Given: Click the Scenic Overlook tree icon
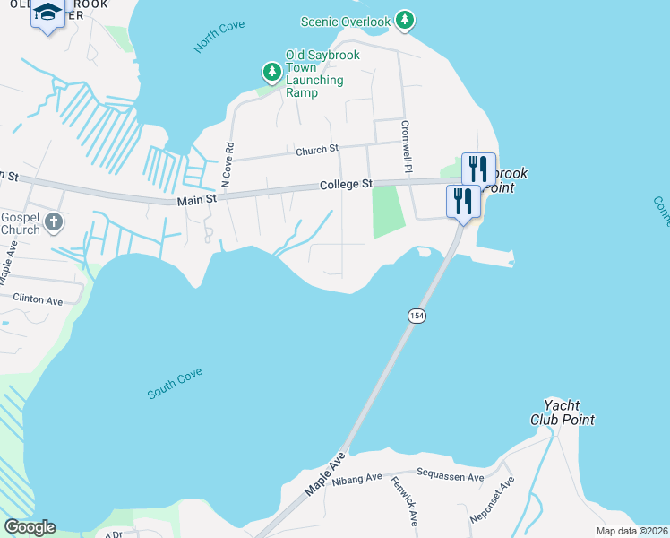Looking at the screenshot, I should [x=405, y=19].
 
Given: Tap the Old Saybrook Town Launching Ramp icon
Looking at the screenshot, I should [x=271, y=71].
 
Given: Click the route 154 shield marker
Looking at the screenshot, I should [x=416, y=316].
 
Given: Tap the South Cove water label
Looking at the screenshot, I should [x=176, y=383].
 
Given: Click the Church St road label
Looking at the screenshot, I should [x=317, y=151].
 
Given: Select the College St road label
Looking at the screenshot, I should [x=346, y=185].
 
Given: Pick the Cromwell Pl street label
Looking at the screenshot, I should [x=407, y=148].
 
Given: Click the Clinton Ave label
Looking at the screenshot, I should [x=38, y=299].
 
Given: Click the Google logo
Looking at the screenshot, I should [x=30, y=527].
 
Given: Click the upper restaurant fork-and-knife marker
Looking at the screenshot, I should [x=477, y=169].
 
